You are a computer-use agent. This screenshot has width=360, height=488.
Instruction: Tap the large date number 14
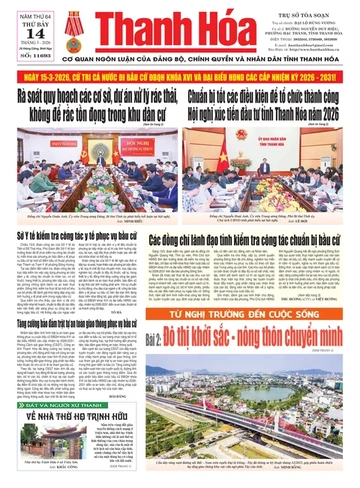21,26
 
